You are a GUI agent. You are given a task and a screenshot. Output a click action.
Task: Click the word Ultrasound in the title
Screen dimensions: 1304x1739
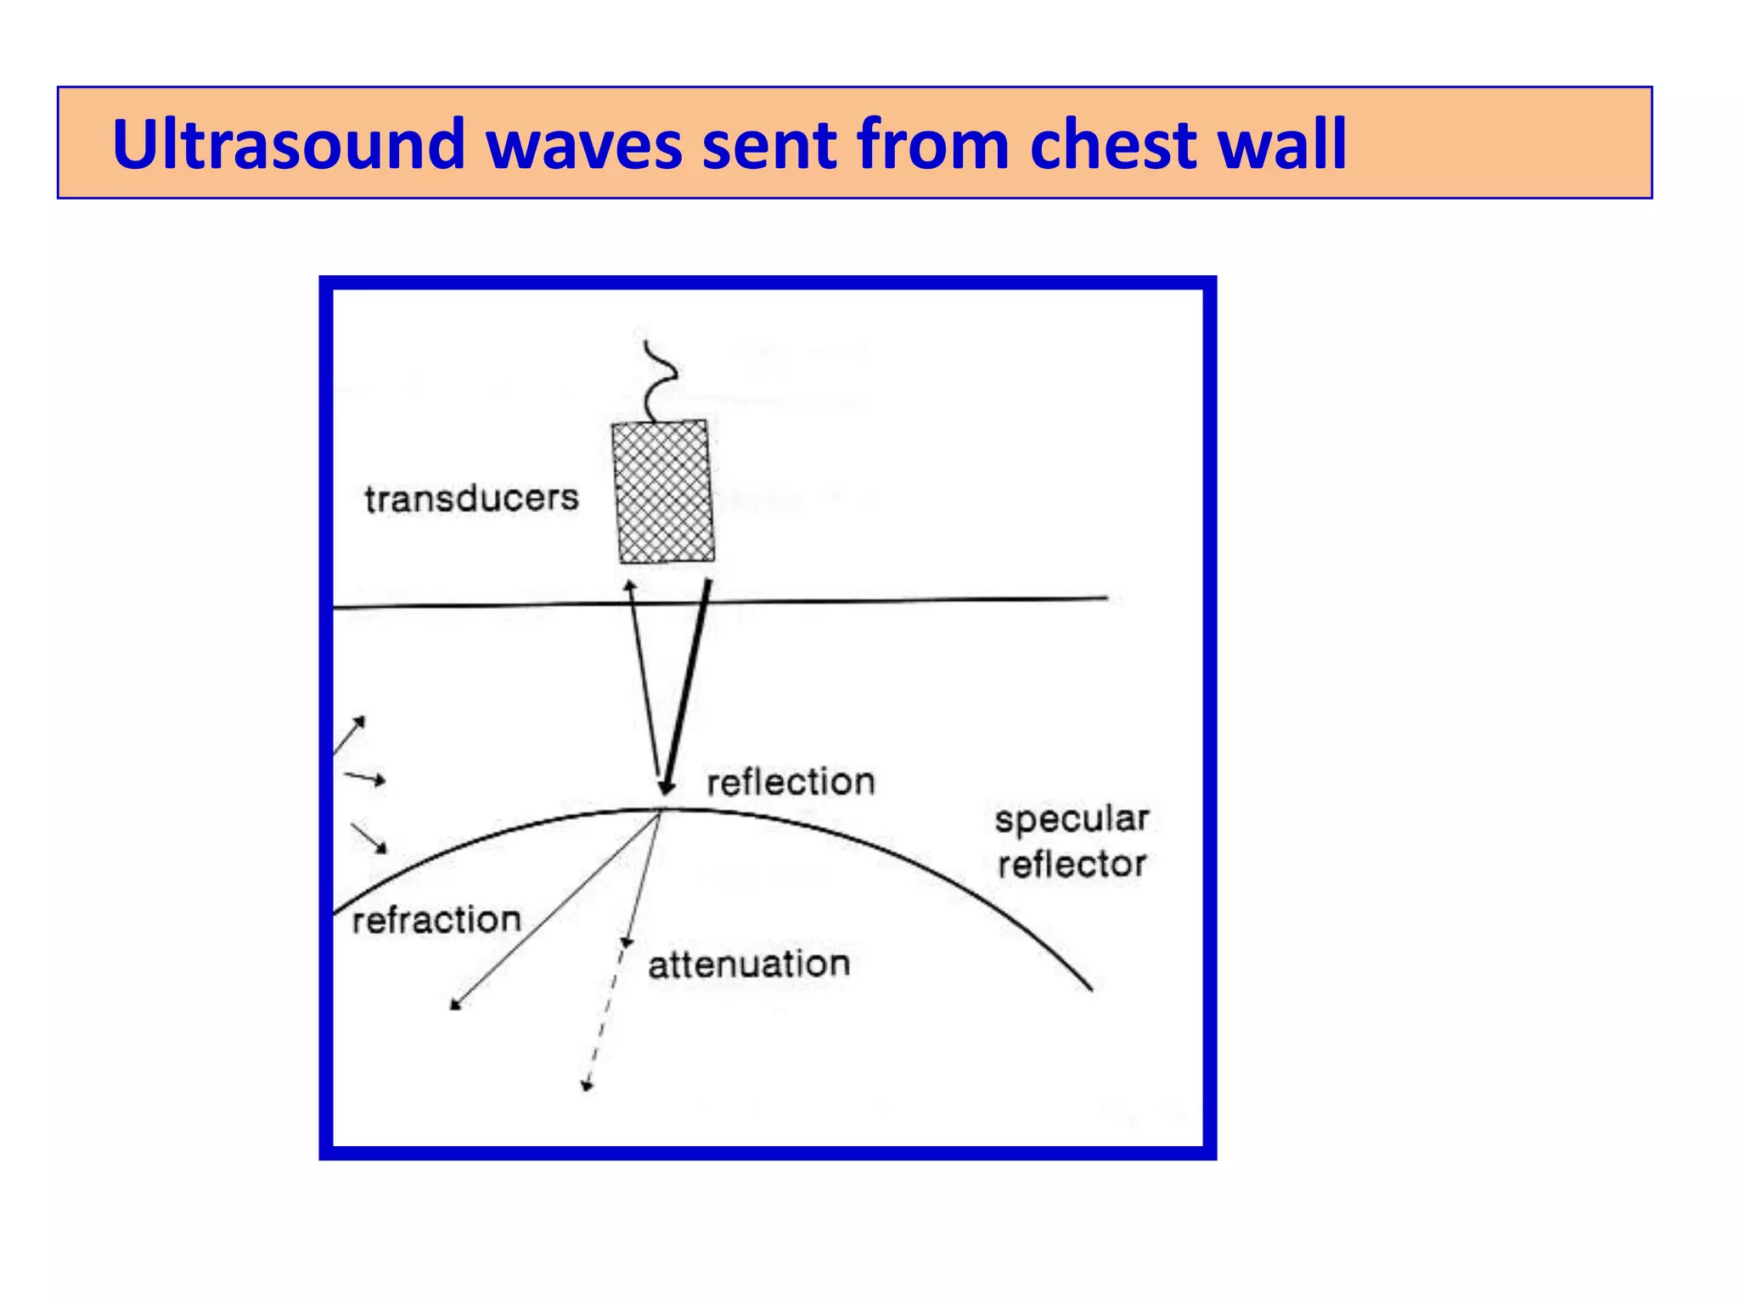(289, 144)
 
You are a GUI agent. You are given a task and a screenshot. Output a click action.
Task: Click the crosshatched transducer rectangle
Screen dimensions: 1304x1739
(663, 492)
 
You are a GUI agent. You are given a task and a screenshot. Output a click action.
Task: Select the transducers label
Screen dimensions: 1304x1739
(471, 498)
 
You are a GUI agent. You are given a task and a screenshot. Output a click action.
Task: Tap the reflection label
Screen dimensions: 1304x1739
(791, 782)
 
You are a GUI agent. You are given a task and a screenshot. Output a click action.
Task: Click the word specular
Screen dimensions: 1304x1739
(1072, 819)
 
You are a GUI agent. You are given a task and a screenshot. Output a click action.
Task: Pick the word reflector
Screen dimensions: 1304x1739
(1072, 865)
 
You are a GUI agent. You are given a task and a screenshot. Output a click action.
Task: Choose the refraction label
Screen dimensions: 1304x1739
(436, 920)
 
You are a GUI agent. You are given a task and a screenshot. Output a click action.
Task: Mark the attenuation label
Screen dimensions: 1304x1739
(749, 965)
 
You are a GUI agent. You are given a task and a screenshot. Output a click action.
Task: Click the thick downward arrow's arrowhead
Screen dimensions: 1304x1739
(667, 787)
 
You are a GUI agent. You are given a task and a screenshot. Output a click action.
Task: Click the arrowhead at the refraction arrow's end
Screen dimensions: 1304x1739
(455, 1005)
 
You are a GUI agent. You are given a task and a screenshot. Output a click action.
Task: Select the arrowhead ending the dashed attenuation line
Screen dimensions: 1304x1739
(586, 1086)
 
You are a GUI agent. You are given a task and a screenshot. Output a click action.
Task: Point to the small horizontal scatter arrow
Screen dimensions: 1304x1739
(367, 778)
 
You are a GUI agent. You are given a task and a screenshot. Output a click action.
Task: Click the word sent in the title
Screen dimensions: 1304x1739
(769, 144)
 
